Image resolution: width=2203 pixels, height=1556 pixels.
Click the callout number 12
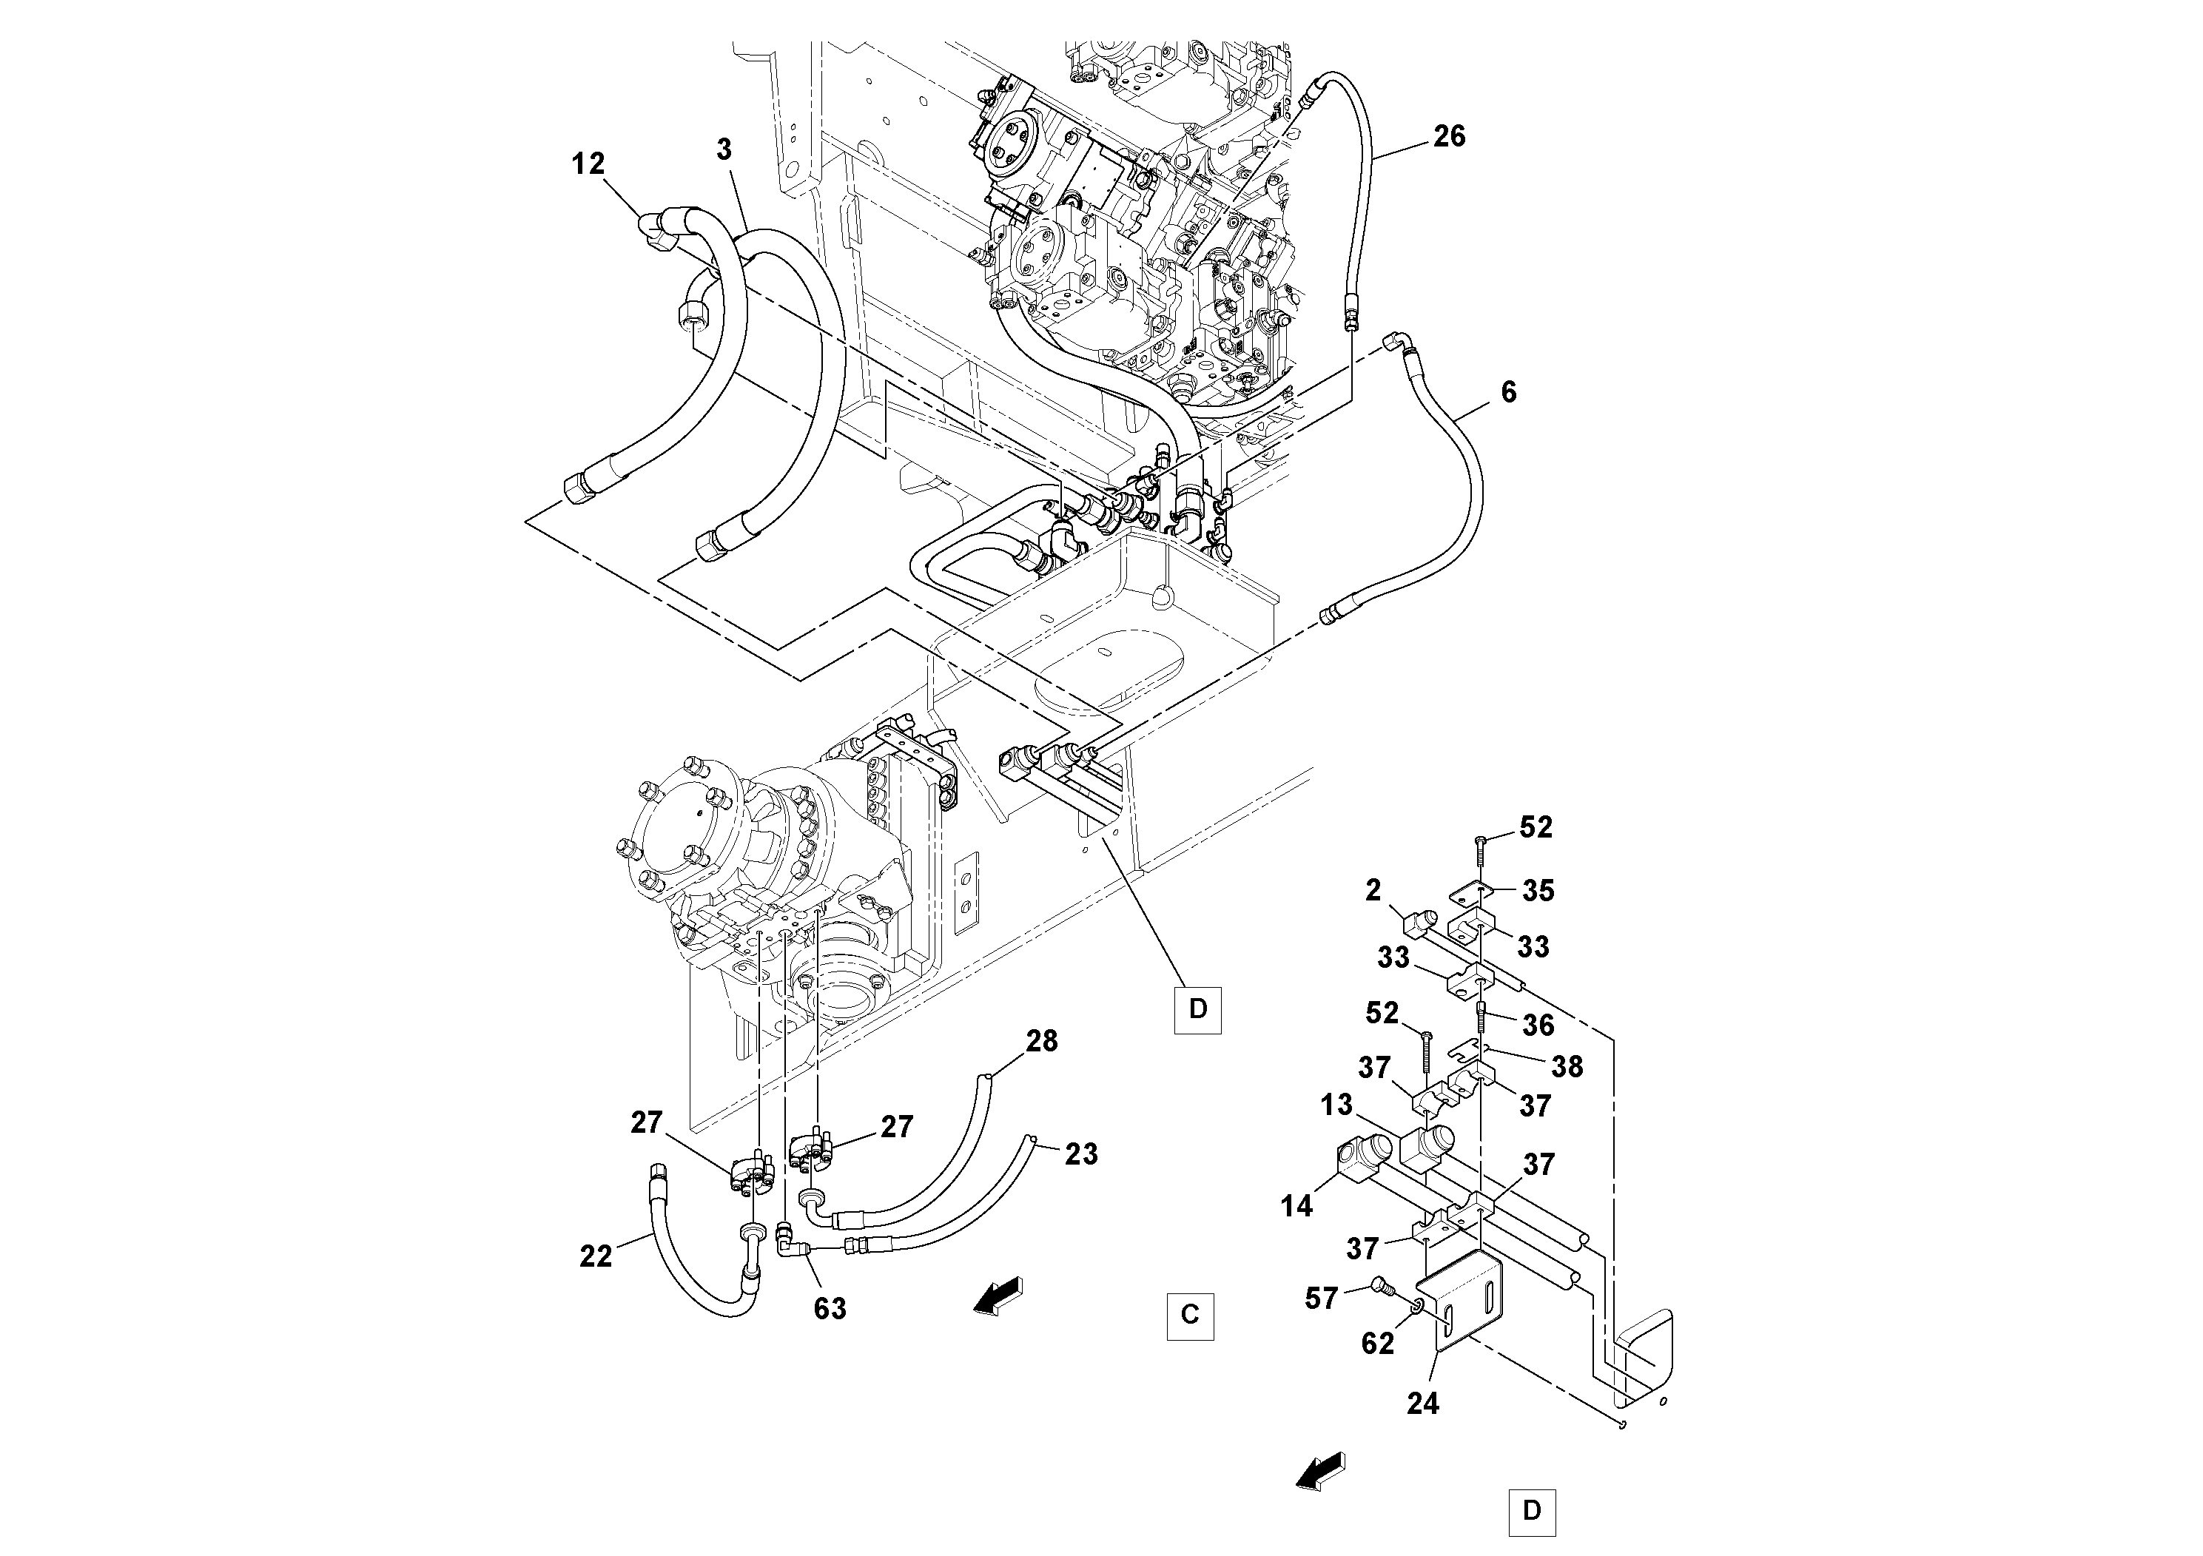[588, 165]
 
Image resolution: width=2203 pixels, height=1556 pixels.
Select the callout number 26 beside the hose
[1449, 137]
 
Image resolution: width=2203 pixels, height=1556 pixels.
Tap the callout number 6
[1508, 391]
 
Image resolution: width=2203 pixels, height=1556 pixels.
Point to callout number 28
[1041, 1041]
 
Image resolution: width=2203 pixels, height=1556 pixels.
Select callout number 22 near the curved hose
[595, 1256]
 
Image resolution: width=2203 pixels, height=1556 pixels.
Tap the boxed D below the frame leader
[1197, 1009]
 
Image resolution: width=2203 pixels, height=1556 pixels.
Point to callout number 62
[1377, 1344]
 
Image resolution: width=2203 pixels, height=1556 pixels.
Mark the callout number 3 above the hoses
[724, 149]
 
